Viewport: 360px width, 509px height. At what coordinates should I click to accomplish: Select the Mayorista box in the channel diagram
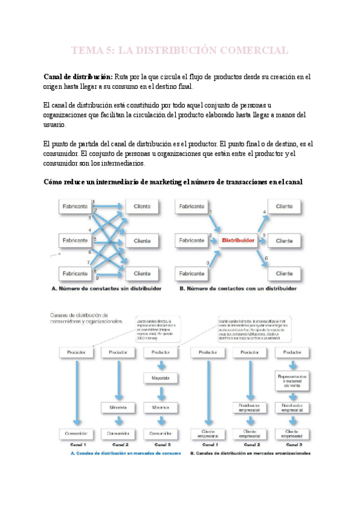[160, 378]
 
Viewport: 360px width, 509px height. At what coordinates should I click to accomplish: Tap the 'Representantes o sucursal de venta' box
[292, 380]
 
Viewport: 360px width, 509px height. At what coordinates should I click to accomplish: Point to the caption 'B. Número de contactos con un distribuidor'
[238, 288]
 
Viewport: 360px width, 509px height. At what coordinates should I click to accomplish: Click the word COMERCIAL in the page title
[246, 50]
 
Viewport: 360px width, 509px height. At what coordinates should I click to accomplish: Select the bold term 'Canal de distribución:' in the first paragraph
[78, 77]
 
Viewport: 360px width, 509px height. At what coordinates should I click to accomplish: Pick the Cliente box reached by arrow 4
[284, 207]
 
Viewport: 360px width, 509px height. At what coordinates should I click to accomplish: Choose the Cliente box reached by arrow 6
[284, 274]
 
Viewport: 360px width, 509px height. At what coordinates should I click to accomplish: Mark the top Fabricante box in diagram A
[75, 207]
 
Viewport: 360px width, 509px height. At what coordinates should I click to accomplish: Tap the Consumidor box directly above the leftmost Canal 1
[77, 433]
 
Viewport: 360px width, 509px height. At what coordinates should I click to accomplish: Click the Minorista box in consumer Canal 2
[118, 408]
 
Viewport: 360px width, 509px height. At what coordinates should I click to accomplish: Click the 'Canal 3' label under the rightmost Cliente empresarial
[292, 444]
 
